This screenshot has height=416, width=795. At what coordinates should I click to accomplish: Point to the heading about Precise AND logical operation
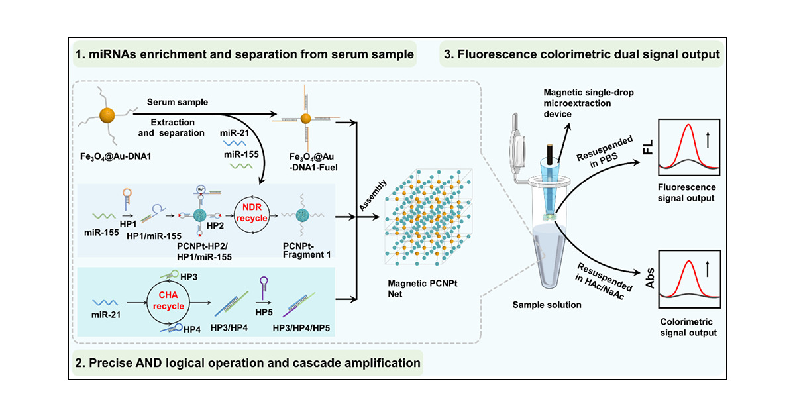click(x=245, y=362)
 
